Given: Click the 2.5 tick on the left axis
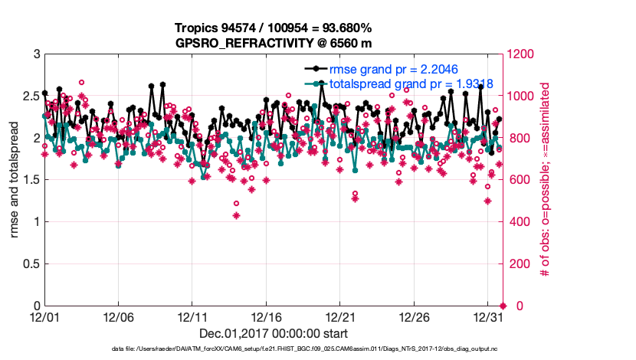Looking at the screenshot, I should coord(30,97).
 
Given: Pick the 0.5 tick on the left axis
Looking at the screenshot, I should coord(30,264).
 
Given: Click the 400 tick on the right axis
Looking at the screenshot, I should coord(516,222).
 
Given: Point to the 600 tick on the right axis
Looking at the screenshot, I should coord(516,180).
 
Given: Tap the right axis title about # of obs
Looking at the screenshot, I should coord(546,180).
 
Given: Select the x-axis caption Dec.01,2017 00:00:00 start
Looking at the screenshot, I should coord(273,333).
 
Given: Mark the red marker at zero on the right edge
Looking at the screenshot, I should coord(503,306).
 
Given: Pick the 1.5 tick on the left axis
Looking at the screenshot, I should coord(30,181).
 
